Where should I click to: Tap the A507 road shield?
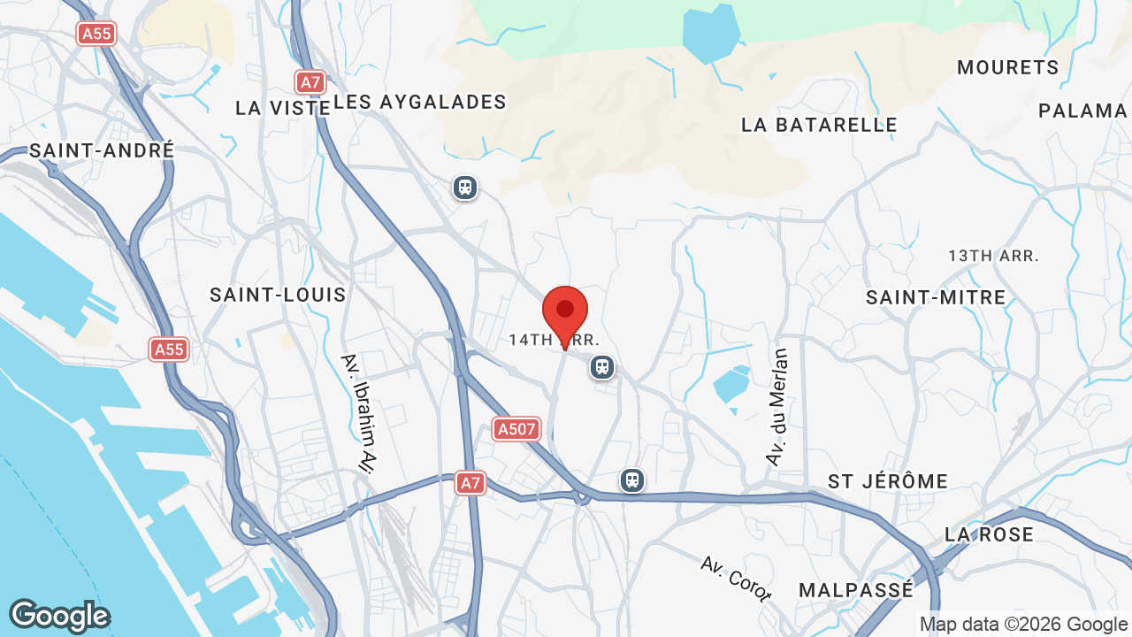pos(516,430)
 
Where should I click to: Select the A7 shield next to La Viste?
pos(310,83)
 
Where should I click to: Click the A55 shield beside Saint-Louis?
pos(169,349)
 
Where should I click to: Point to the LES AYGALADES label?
pos(420,103)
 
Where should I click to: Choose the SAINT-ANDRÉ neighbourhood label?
pos(102,150)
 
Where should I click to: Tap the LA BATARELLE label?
pos(819,125)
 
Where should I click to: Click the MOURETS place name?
pos(1007,68)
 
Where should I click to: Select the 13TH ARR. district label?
pos(993,256)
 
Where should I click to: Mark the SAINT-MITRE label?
pos(936,297)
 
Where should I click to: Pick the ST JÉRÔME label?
pos(888,481)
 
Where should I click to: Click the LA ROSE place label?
pos(989,534)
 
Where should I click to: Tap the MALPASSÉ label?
pos(855,590)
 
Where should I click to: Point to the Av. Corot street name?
pos(735,578)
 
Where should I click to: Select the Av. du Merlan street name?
pos(777,407)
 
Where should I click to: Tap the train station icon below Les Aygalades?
pos(464,188)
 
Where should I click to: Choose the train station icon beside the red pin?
pos(602,366)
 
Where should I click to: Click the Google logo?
pos(59,617)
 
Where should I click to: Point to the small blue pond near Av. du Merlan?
pos(730,385)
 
